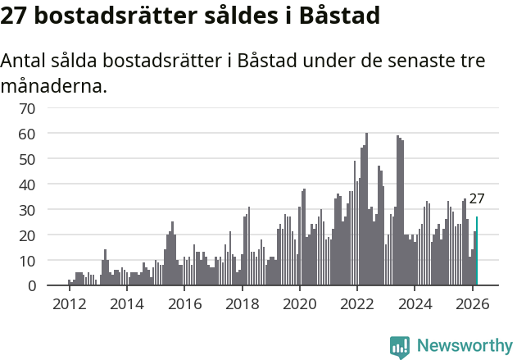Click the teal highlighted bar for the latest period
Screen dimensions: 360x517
[x=477, y=251]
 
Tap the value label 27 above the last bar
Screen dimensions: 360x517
[x=477, y=198]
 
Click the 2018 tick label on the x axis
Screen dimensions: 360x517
[x=242, y=304]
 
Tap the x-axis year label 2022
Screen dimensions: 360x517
[x=357, y=304]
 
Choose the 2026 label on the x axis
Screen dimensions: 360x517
[x=473, y=304]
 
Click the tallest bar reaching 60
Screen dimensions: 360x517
[x=366, y=209]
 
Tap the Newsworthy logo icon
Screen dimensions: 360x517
[x=400, y=346]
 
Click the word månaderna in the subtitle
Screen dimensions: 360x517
[x=54, y=85]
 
